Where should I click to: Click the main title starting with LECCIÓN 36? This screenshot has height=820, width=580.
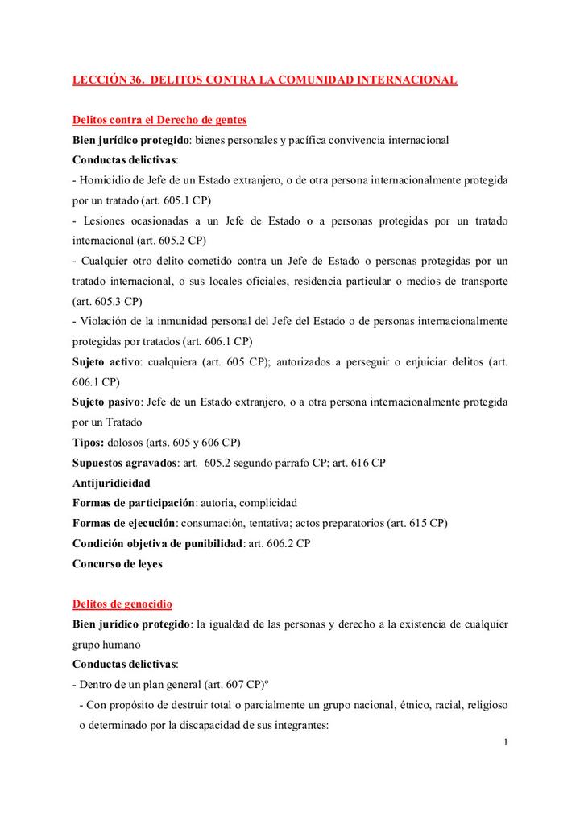click(265, 80)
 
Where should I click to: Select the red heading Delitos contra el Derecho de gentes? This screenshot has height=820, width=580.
click(159, 120)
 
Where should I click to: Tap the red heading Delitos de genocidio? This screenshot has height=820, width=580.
click(122, 604)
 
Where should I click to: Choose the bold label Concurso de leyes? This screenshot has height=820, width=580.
click(118, 563)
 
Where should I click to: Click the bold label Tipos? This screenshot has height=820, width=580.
click(88, 443)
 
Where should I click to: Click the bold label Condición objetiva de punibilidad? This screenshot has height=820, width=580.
click(157, 543)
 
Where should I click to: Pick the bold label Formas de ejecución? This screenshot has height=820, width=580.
click(125, 523)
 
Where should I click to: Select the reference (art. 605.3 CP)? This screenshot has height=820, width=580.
click(107, 301)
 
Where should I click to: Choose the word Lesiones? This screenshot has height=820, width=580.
click(106, 220)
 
